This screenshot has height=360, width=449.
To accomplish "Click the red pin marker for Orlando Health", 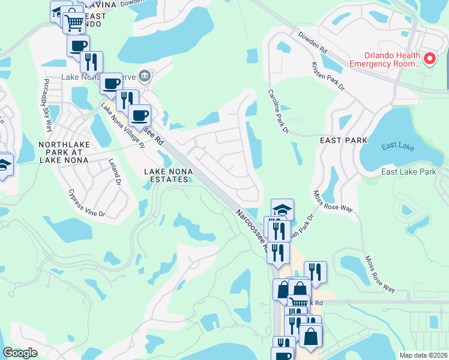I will tap(430, 59).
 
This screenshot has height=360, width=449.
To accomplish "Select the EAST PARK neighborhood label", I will tap(343, 140).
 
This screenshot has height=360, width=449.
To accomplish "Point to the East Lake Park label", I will tap(409, 172).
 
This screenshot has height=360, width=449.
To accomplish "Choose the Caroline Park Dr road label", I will tap(279, 112).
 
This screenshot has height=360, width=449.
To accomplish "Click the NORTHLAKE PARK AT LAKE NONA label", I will tap(67, 152).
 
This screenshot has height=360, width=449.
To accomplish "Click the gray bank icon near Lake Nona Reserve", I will tap(144, 76).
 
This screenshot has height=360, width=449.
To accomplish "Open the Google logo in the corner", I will tap(20, 353).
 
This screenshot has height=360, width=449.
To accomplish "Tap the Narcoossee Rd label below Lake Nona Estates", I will tap(251, 231).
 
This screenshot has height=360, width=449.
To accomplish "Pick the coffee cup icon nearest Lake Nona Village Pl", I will tap(139, 115).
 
